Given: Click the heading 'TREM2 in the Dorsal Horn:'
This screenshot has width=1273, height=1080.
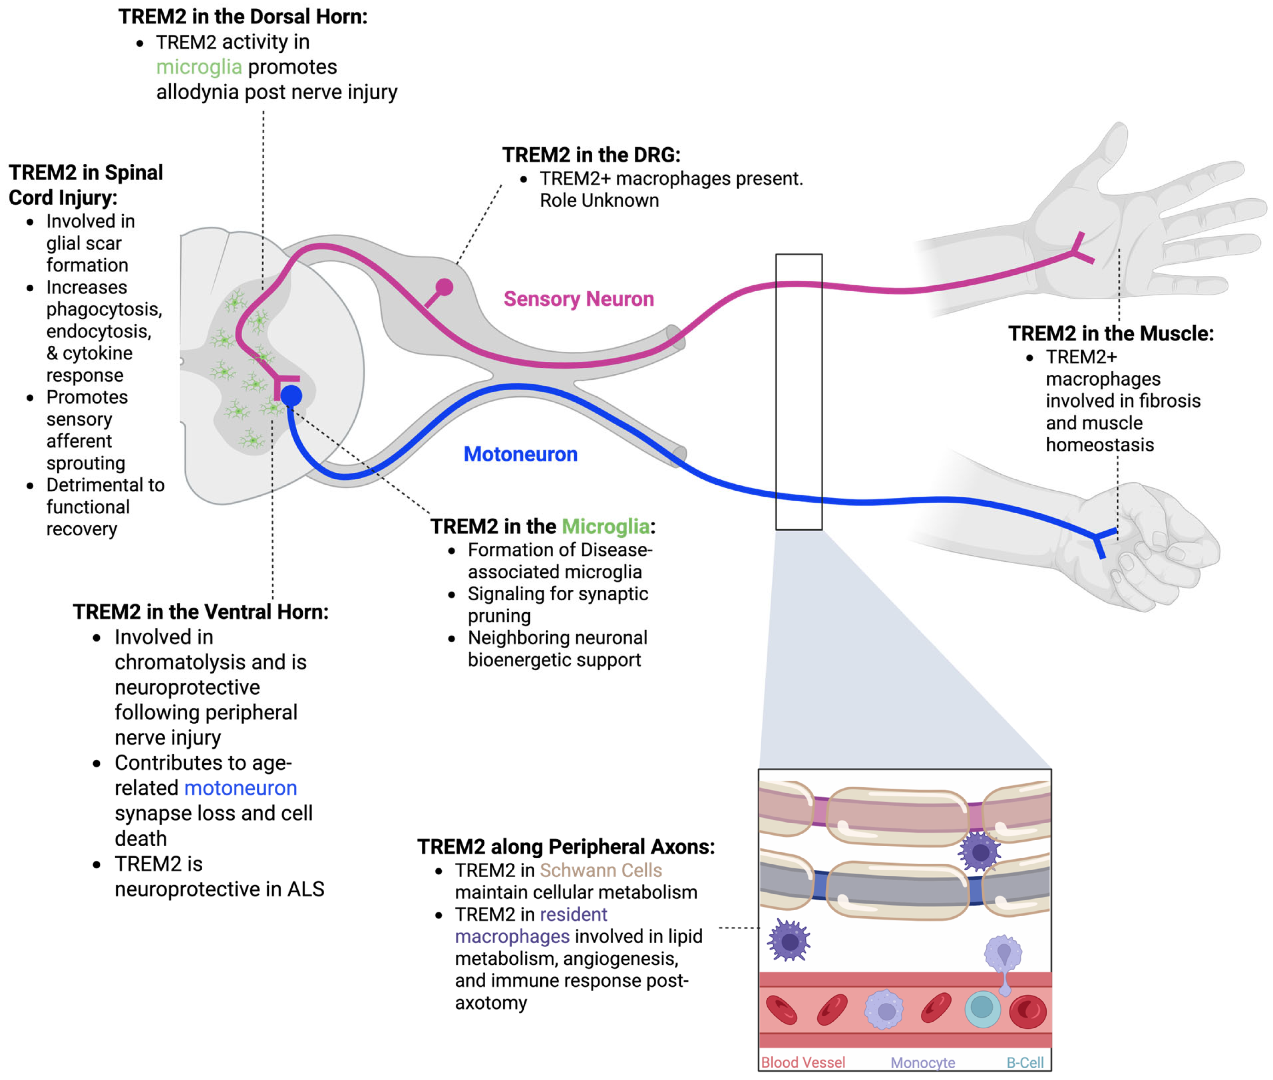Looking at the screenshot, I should (243, 17).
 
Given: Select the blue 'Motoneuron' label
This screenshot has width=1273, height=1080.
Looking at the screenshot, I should (520, 454).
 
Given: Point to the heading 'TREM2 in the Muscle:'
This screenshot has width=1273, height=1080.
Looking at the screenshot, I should (1110, 334).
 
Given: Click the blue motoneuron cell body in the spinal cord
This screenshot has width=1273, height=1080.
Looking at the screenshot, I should (291, 396).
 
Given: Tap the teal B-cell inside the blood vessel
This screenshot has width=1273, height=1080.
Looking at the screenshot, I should (982, 1009).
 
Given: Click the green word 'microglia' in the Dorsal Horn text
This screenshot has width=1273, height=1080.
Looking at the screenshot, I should (199, 67).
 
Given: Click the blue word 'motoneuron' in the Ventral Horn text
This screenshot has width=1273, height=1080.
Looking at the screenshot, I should (241, 788).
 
